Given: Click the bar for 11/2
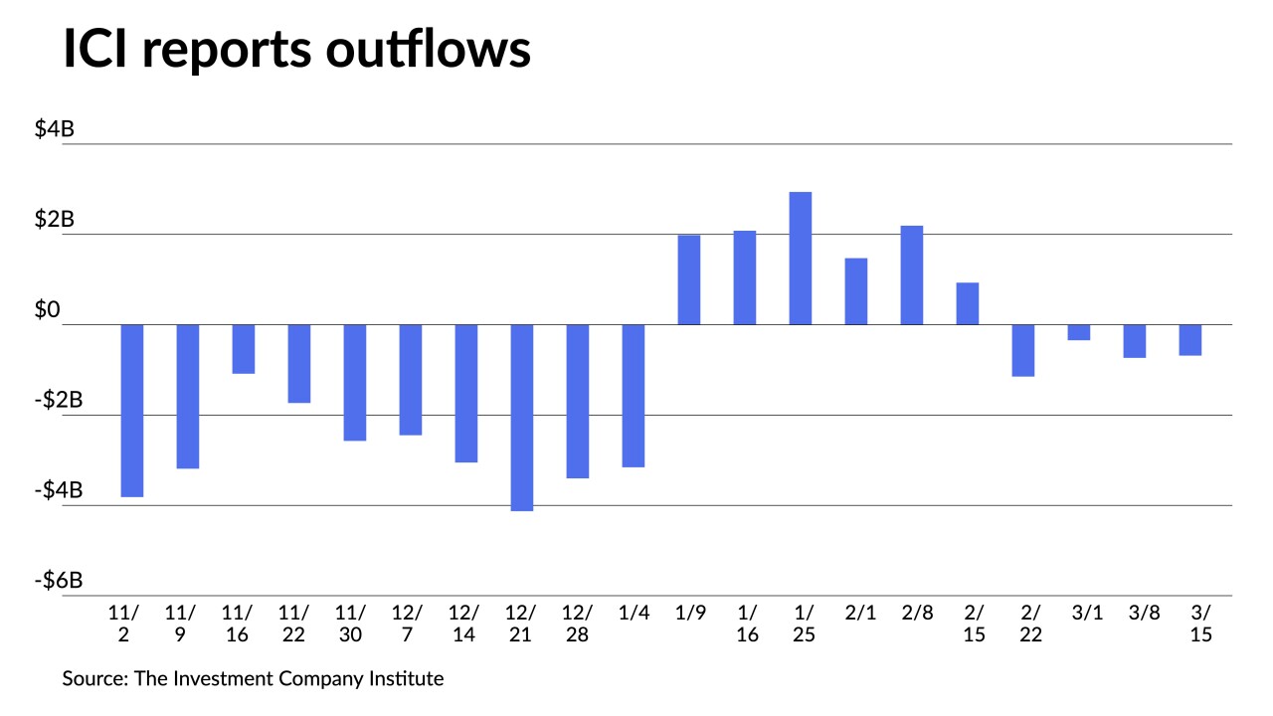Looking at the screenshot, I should click(132, 410).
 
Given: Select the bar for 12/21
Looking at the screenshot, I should click(522, 417).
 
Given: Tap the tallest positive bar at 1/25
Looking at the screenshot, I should click(801, 258).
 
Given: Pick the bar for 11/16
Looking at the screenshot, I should click(244, 349).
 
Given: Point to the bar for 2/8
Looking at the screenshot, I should click(912, 274).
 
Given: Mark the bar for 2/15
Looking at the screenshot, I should click(968, 303).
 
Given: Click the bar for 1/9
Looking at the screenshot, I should click(689, 279).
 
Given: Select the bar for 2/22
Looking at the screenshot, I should click(1023, 350).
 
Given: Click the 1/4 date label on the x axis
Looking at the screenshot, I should click(634, 613).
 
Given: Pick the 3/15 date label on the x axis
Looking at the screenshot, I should click(1200, 623).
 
